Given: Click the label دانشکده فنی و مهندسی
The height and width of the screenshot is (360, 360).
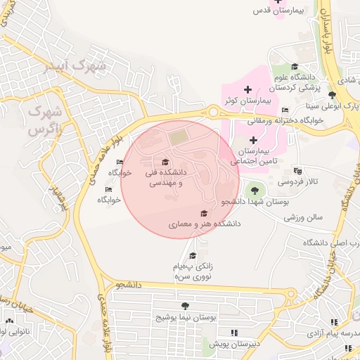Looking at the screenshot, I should (165, 176).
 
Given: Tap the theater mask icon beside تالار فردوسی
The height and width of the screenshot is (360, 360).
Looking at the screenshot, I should (297, 171).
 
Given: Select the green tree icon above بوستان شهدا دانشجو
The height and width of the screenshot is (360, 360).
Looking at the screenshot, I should (253, 190).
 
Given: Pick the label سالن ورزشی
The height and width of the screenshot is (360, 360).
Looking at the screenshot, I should (303, 217).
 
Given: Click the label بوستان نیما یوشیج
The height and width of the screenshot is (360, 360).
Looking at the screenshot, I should (185, 318).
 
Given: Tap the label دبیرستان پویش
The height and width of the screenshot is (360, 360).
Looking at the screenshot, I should (233, 343).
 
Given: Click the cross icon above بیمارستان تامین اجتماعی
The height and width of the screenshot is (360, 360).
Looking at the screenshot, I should (254, 140).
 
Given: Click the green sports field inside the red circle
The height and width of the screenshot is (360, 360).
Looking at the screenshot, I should (179, 132).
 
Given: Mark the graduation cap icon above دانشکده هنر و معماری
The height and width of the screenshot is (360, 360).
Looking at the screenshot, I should (204, 213).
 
